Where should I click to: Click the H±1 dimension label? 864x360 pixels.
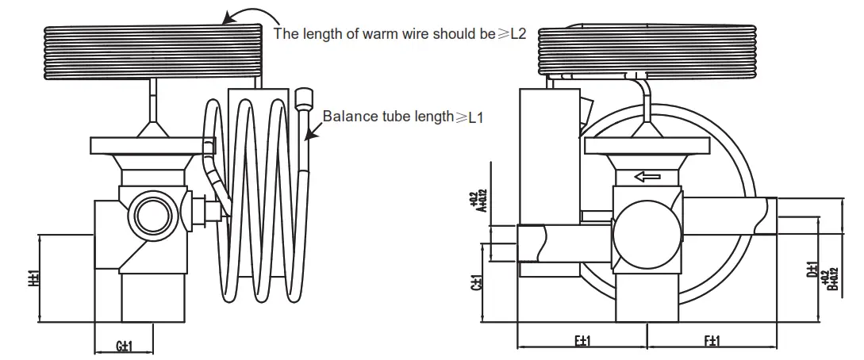33,279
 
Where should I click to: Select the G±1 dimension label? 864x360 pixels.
123,346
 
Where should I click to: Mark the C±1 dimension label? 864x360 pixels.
477,283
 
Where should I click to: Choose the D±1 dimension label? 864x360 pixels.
812,270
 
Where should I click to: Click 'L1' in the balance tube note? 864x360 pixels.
475,117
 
